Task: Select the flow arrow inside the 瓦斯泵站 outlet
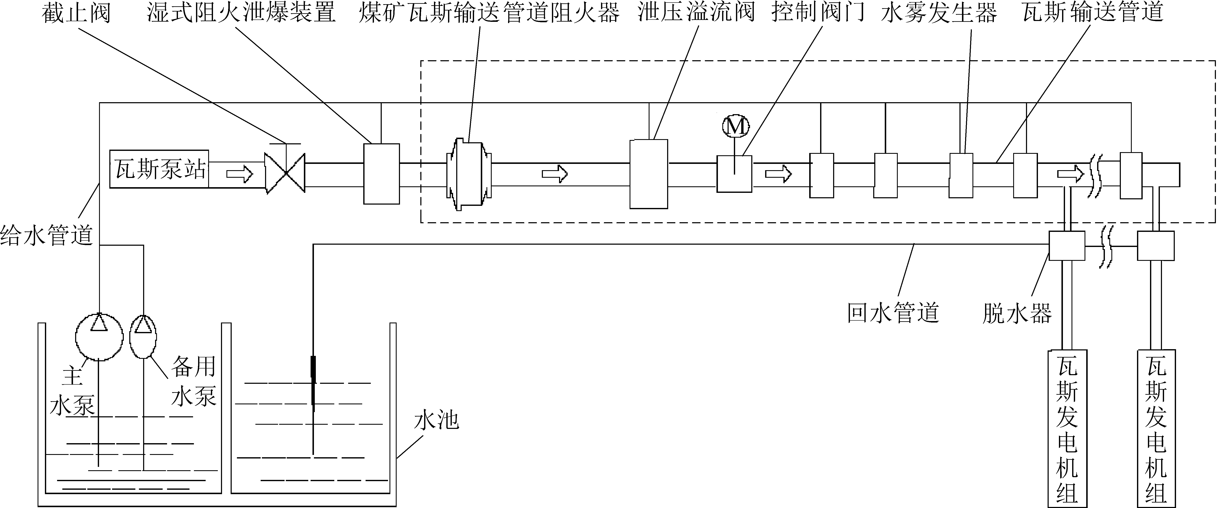click(240, 174)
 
